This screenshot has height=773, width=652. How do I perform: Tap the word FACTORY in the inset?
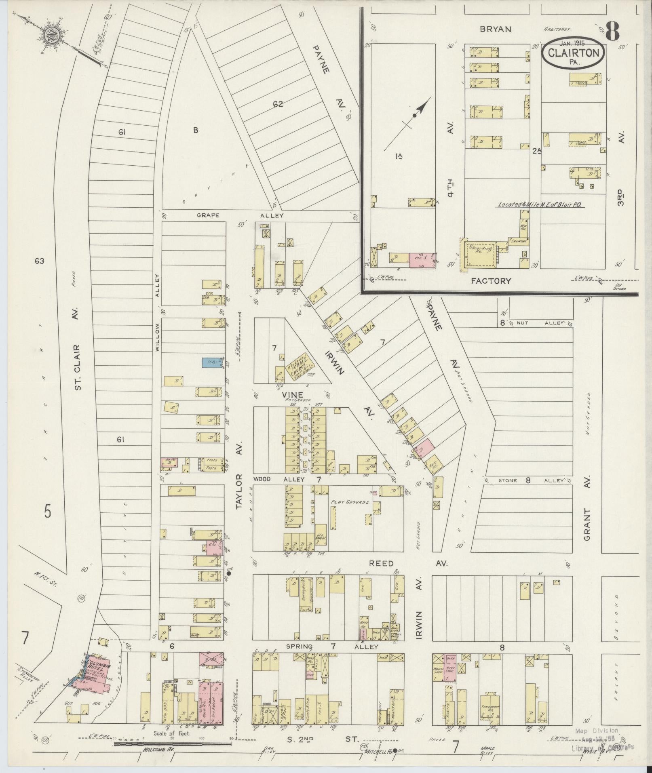pos(491,281)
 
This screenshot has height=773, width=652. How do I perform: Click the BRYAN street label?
pos(496,29)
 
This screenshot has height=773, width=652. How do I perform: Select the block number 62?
pos(277,104)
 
